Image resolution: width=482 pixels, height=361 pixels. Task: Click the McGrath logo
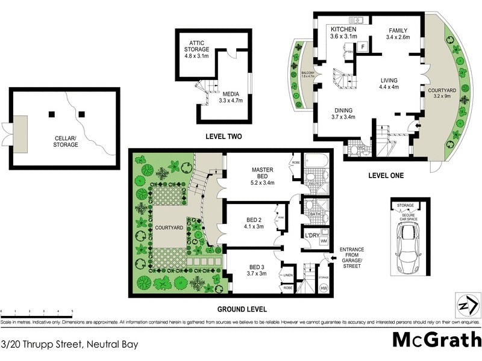pos(436,339)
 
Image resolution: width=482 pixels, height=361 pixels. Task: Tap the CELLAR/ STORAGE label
pos(64,141)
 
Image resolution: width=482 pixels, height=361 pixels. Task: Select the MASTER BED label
pos(263,174)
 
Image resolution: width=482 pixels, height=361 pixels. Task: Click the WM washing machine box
pos(324,241)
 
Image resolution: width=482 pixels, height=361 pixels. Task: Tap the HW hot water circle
pos(324,288)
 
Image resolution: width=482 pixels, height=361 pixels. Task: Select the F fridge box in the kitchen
pos(363,46)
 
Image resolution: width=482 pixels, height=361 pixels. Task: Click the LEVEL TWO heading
pos(223,137)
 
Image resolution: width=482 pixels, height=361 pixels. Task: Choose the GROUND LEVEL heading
pos(242,309)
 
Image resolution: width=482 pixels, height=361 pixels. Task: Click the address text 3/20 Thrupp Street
pos(70,345)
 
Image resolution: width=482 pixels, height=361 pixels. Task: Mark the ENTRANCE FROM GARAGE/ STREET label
pos(352,258)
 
